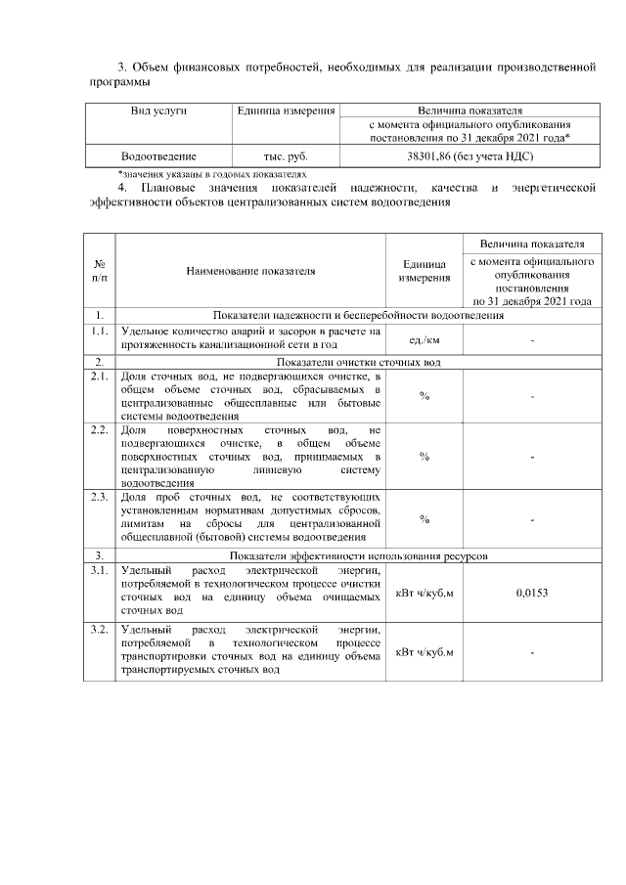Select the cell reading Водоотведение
point(158,155)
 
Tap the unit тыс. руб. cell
point(286,155)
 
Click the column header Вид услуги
point(158,111)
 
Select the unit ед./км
point(425,338)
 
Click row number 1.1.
point(99,332)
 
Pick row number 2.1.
point(99,376)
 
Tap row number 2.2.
point(99,429)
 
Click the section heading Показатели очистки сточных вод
point(358,361)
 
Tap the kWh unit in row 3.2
point(425,651)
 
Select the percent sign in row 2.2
point(425,456)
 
